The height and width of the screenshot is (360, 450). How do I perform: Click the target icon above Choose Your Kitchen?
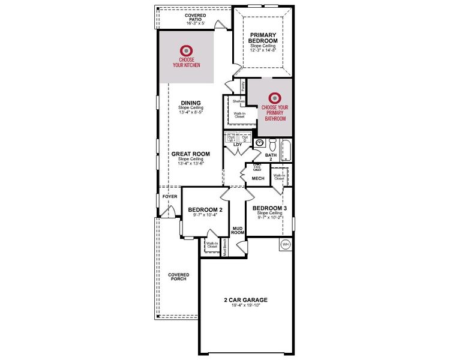pos(187,51)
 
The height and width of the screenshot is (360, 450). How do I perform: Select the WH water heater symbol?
pos(285,245)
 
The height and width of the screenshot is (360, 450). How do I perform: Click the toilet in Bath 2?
pos(272,144)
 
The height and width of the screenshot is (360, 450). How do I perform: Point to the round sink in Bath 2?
pos(260,143)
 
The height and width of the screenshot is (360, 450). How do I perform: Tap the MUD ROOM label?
pos(237,230)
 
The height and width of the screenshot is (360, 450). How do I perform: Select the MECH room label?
pos(258,178)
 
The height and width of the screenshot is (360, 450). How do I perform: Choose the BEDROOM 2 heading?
pos(205,209)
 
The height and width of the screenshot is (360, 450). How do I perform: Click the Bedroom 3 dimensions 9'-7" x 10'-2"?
pos(269,218)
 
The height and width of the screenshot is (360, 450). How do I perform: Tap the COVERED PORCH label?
pos(178,276)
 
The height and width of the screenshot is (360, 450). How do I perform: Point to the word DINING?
pos(190,103)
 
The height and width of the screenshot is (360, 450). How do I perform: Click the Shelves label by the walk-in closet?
pos(239,101)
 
